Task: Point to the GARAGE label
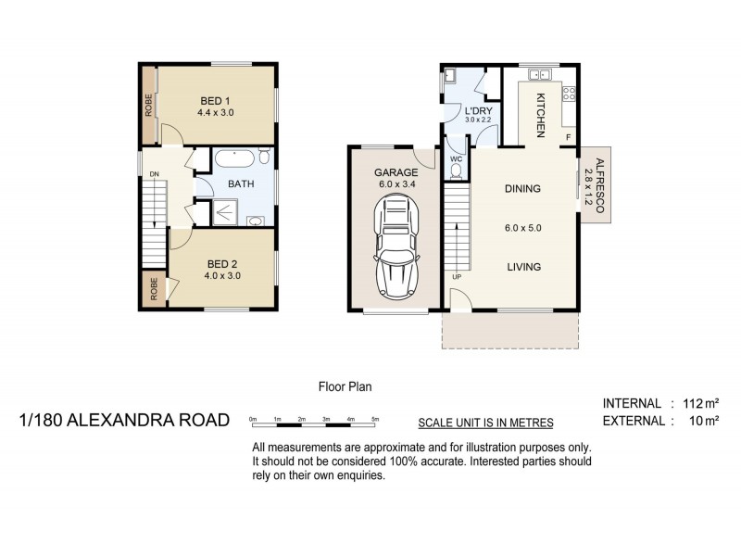click(x=396, y=172)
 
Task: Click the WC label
click(x=456, y=158)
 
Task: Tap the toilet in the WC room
click(x=456, y=171)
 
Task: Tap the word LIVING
click(x=522, y=267)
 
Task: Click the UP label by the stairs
click(x=456, y=277)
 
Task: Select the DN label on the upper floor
click(x=155, y=173)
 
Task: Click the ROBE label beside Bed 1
click(x=148, y=105)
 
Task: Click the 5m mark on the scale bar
click(x=375, y=420)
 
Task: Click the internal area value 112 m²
click(x=700, y=403)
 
